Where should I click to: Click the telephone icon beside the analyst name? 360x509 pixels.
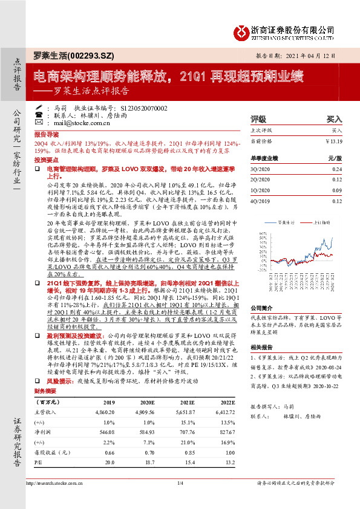coord(39,107)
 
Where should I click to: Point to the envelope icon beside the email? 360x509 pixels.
coord(39,123)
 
